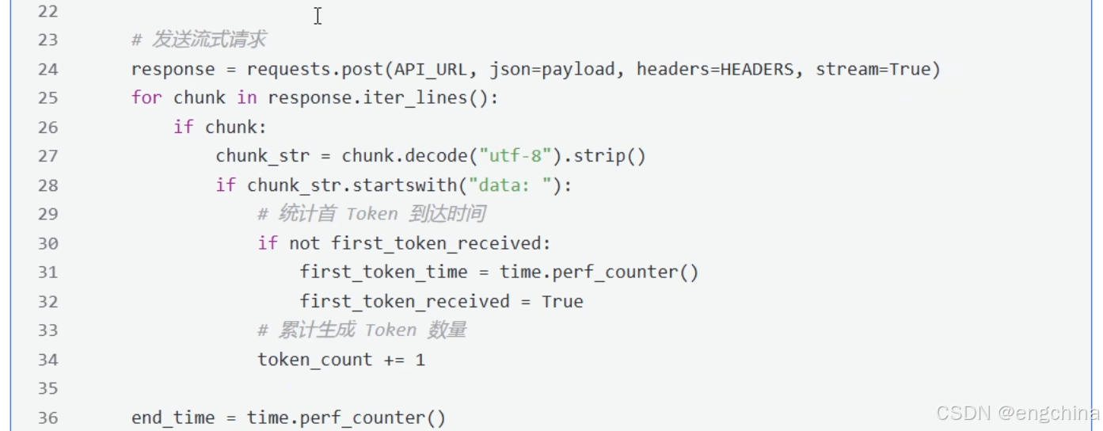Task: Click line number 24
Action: click(x=48, y=70)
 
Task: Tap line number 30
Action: click(x=48, y=243)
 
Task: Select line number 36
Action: click(x=48, y=418)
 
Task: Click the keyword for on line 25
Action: click(x=146, y=98)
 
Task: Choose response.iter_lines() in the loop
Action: click(x=383, y=98)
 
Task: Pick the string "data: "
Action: click(x=510, y=185)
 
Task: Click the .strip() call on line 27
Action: click(x=603, y=156)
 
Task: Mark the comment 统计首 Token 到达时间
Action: click(x=371, y=214)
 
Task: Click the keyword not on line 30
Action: click(x=304, y=243)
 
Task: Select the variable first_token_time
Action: click(x=383, y=273)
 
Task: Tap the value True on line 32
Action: click(x=562, y=302)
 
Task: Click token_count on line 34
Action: click(x=314, y=360)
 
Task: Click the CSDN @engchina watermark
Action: click(x=1017, y=413)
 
